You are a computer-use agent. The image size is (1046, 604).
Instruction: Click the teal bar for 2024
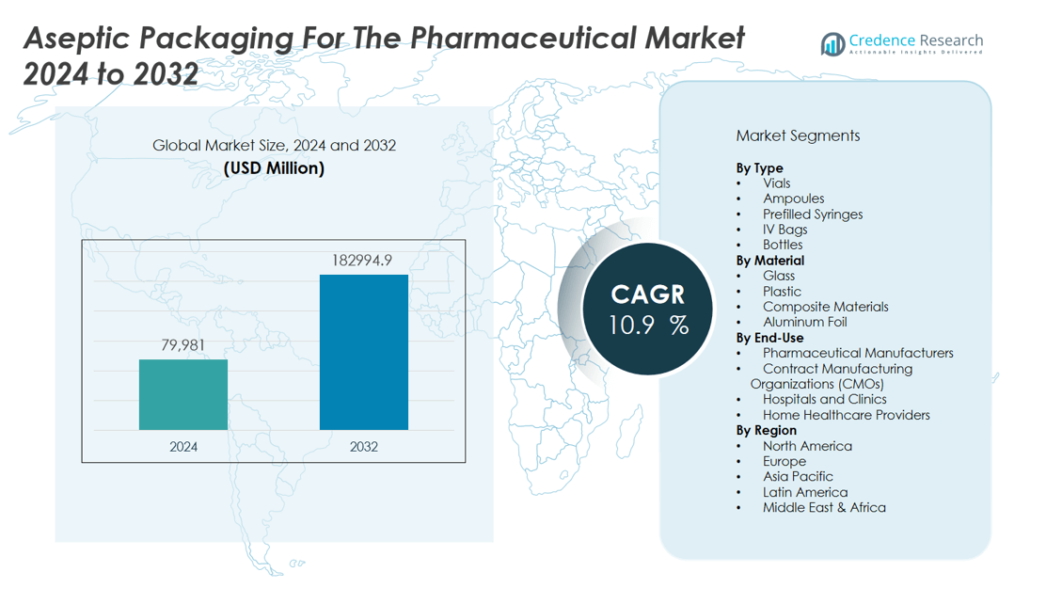(x=183, y=394)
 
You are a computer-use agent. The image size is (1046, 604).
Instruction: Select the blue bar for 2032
(x=363, y=352)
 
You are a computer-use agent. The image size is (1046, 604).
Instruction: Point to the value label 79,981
(x=183, y=346)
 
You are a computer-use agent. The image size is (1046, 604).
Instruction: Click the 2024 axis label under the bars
(x=183, y=446)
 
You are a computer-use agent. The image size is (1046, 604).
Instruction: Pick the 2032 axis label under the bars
(x=363, y=446)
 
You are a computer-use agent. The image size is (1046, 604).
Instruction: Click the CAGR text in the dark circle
(x=647, y=294)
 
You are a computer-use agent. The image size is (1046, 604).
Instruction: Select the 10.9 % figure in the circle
(x=647, y=326)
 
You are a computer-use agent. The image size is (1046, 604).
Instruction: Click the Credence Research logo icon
(x=832, y=44)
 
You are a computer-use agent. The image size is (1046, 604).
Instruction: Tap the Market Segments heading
(x=798, y=135)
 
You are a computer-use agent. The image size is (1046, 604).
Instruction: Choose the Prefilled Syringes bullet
(x=812, y=214)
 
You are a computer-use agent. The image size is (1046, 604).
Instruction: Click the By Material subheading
(x=769, y=261)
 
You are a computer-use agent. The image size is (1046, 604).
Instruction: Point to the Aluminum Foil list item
(x=804, y=322)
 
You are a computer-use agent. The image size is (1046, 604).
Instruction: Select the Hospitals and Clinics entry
(x=824, y=399)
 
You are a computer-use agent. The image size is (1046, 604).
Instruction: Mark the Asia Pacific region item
(x=798, y=476)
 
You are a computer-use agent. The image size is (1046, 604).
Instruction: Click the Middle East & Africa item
(x=824, y=507)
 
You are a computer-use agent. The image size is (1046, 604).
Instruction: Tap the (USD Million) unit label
(x=274, y=168)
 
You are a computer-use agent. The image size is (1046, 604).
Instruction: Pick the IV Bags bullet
(x=784, y=230)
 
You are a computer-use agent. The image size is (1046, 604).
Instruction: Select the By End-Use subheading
(x=769, y=338)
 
